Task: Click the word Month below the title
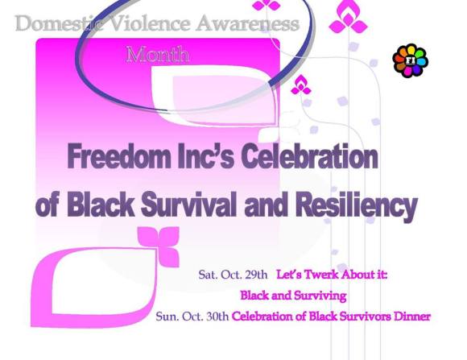coord(158,55)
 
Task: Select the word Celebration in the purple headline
coord(307,157)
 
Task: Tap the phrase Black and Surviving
coord(287,296)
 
